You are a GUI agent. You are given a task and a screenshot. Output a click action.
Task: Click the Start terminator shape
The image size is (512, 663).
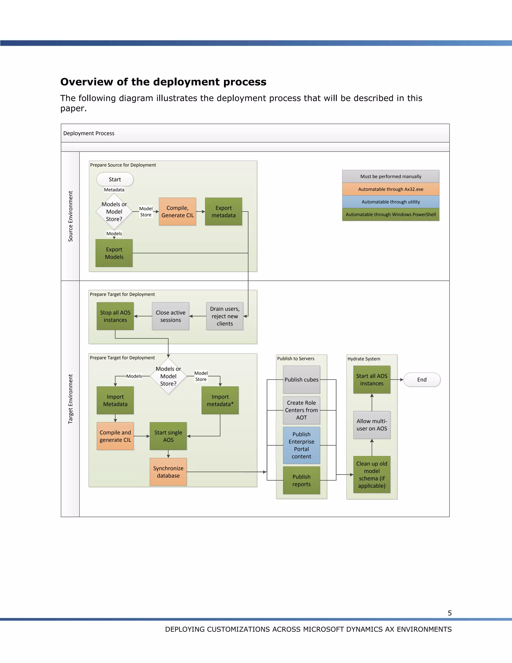(x=115, y=179)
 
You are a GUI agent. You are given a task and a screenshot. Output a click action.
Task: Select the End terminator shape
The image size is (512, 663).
(x=421, y=380)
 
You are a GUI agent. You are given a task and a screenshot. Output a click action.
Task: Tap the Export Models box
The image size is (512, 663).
(x=114, y=253)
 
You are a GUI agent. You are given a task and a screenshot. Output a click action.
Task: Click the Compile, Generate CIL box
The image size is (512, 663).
(x=177, y=212)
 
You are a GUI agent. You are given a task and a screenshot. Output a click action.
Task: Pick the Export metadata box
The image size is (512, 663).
(x=223, y=212)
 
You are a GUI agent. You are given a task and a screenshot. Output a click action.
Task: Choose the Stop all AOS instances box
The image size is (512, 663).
(x=115, y=316)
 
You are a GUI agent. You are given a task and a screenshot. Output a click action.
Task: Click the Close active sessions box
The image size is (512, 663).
(x=170, y=316)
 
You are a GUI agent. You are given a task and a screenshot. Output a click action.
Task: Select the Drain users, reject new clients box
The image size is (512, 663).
(x=225, y=316)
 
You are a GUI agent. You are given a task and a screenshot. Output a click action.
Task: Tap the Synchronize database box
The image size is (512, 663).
(x=168, y=472)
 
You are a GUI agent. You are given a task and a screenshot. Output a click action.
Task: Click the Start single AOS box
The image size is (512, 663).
(x=168, y=436)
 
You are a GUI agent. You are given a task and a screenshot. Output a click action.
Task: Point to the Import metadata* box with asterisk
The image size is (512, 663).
(x=220, y=400)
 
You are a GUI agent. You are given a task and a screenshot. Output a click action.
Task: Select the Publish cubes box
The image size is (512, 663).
(x=301, y=380)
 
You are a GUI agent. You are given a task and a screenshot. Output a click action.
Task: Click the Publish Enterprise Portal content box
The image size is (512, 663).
(x=301, y=445)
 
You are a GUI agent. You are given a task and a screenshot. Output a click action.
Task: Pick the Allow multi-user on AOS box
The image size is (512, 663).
(x=372, y=425)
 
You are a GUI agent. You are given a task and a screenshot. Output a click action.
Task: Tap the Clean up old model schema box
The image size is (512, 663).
(x=372, y=474)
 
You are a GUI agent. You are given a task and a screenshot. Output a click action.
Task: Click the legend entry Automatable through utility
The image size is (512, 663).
(x=391, y=202)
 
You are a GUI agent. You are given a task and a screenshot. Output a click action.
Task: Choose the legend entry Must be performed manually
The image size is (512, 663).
(x=391, y=176)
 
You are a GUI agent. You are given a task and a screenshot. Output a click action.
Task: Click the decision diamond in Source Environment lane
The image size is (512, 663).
(x=114, y=212)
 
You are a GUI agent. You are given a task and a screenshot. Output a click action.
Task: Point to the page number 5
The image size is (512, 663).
(x=450, y=613)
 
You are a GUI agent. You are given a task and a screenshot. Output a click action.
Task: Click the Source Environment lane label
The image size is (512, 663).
(x=70, y=216)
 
